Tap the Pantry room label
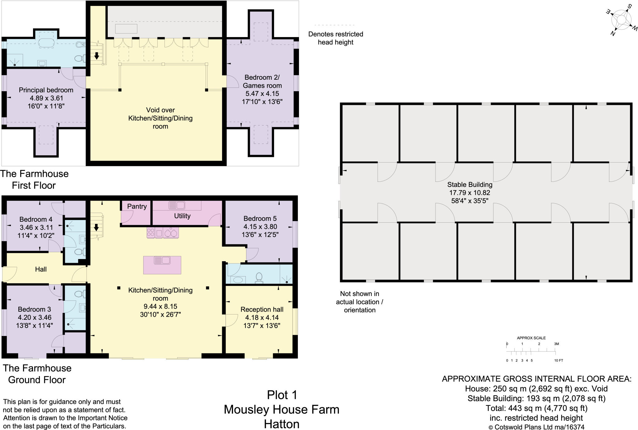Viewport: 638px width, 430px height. (x=137, y=206)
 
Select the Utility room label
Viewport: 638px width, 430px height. (x=182, y=216)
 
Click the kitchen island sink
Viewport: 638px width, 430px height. (x=162, y=260)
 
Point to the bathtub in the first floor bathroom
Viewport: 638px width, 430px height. (x=46, y=43)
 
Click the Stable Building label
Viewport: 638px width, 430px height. (x=469, y=185)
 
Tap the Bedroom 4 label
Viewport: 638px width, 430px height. (x=36, y=219)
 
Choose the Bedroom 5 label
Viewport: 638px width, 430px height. (x=260, y=219)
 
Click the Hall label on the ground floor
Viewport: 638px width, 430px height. (x=41, y=269)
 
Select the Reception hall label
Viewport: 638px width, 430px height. (x=262, y=310)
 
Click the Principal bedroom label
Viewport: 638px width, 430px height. (x=46, y=90)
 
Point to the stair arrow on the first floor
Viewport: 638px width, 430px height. (x=97, y=56)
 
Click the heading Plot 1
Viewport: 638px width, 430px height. (x=282, y=395)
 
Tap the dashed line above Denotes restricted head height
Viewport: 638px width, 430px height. (x=334, y=25)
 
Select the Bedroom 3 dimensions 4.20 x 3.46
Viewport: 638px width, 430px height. (x=34, y=318)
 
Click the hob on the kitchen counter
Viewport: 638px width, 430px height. (x=151, y=233)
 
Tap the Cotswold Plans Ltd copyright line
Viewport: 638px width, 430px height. (x=536, y=427)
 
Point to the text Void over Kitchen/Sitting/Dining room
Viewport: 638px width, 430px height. (x=160, y=118)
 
